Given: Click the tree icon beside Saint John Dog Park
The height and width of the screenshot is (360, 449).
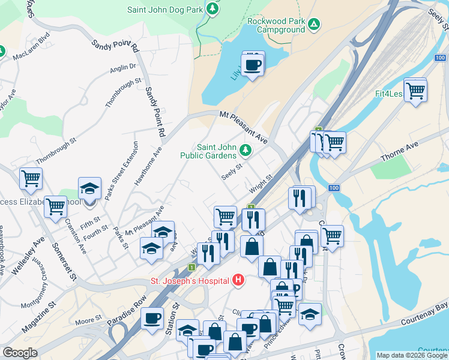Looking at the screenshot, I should [212, 9].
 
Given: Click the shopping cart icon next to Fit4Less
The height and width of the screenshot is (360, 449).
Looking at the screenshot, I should [415, 91].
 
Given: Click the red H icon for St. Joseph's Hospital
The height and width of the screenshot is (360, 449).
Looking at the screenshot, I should [239, 280].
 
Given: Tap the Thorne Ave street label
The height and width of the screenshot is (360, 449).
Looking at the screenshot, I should [399, 152].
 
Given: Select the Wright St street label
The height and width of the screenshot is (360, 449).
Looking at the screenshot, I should [261, 185].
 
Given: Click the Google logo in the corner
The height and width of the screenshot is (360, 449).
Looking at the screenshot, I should [20, 353].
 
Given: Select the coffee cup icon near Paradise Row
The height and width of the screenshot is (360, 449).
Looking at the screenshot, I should [152, 317].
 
